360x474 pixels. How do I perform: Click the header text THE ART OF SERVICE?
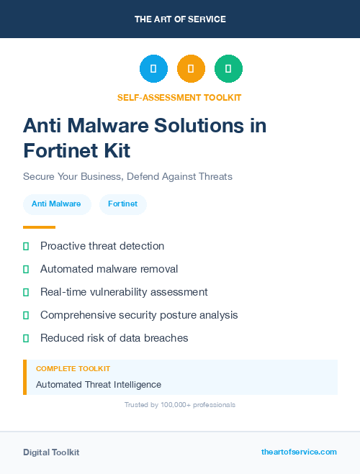180,19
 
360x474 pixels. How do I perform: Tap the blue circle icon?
153,68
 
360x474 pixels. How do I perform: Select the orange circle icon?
191,68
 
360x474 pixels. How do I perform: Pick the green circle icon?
229,68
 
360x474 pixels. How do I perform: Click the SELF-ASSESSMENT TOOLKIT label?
180,97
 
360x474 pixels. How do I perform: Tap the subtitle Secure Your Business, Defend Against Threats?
127,176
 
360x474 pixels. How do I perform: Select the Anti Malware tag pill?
56,204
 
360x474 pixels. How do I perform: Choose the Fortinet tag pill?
122,204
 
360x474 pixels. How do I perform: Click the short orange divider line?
39,227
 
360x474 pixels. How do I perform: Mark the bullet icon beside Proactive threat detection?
26,246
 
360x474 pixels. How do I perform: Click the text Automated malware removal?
109,269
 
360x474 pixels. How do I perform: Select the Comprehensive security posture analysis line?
139,315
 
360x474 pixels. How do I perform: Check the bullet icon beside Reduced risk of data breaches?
26,338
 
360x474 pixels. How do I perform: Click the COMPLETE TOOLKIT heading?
73,368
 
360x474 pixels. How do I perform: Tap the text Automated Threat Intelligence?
99,385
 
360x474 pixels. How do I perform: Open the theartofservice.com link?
299,452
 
